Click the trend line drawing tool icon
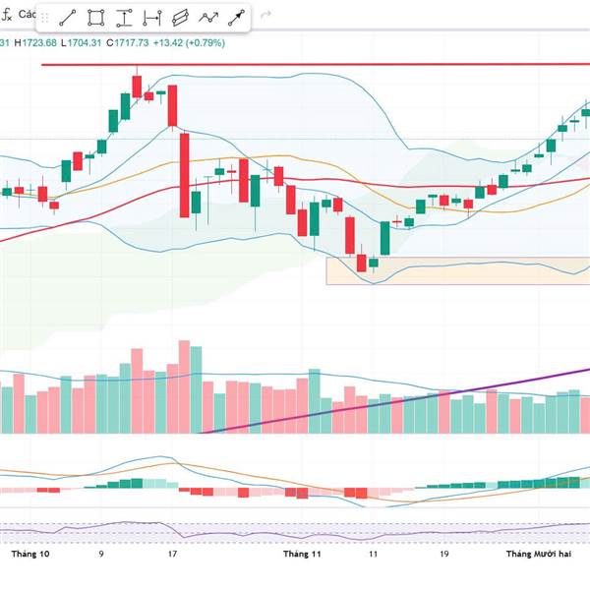tap(68, 18)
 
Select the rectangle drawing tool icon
tap(96, 18)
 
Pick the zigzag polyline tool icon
tap(208, 18)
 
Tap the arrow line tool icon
tap(237, 18)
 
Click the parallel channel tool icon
tap(180, 18)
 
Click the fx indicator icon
tap(7, 17)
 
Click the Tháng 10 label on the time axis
tap(30, 555)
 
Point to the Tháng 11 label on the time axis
tap(302, 555)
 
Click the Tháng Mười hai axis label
tap(539, 555)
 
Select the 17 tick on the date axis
tap(172, 555)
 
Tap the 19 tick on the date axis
tap(443, 555)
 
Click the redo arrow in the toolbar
tap(265, 18)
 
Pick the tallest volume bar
tap(183, 387)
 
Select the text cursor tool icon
tap(124, 18)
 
